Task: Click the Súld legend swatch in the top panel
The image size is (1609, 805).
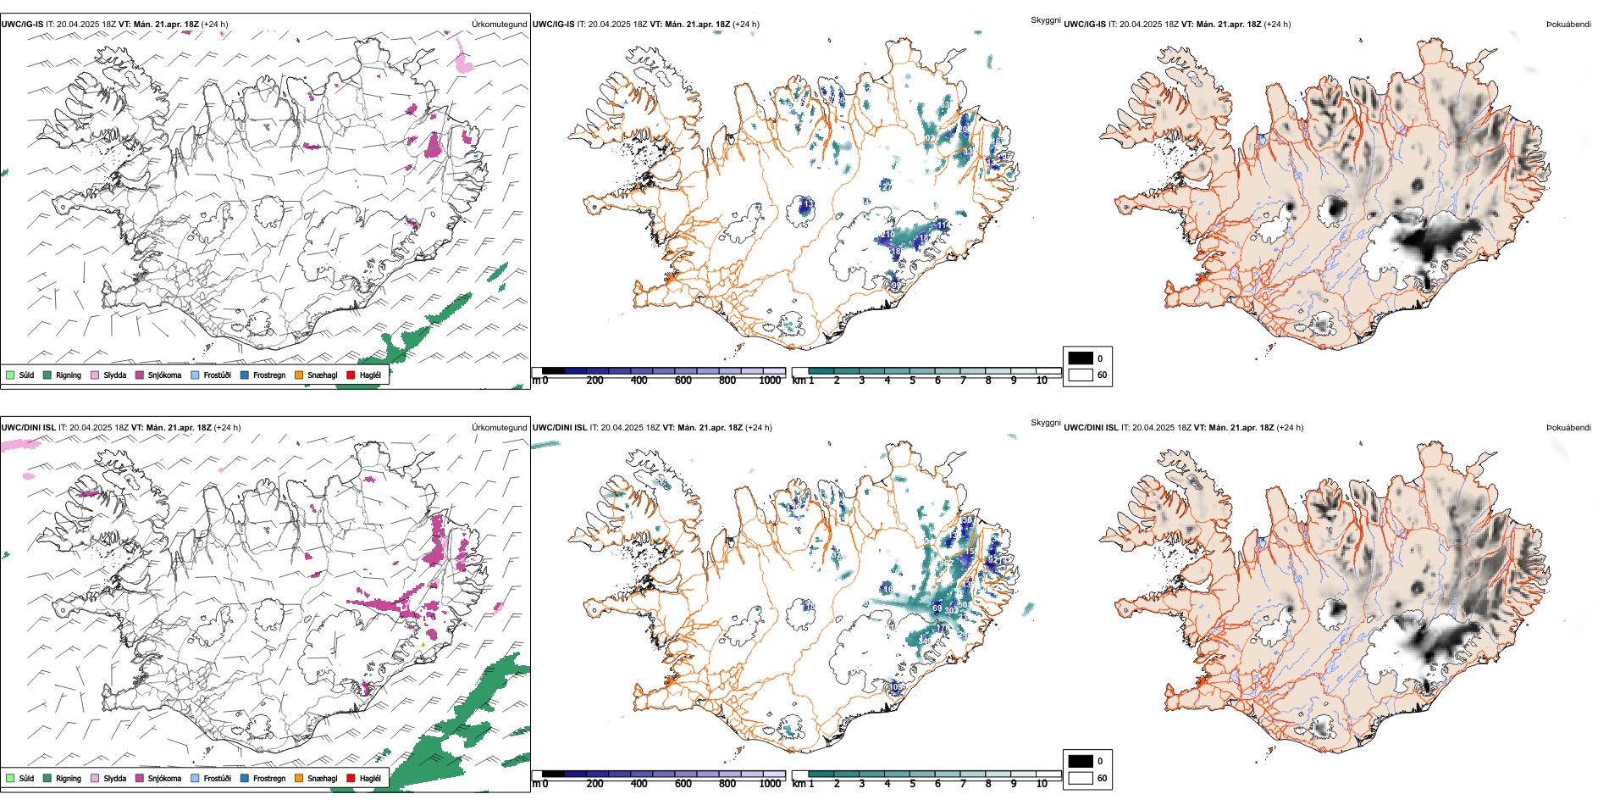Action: [x=10, y=375]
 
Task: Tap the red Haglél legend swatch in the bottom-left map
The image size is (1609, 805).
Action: [x=351, y=778]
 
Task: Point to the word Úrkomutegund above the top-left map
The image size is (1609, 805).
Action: [x=499, y=25]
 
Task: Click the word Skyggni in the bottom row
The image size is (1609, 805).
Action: [x=1045, y=422]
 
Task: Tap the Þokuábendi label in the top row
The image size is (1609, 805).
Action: [x=1568, y=25]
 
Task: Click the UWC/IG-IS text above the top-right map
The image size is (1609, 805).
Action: [x=1085, y=25]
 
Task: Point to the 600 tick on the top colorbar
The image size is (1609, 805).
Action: [x=683, y=380]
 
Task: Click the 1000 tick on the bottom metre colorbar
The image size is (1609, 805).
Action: [x=770, y=784]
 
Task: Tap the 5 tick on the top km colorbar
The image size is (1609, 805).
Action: [x=912, y=380]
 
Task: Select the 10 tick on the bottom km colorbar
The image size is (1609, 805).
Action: [x=1042, y=784]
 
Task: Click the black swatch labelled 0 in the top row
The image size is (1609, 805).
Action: [x=1081, y=358]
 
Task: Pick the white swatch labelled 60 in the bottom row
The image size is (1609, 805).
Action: [x=1081, y=778]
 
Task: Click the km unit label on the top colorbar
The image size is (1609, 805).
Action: [x=799, y=380]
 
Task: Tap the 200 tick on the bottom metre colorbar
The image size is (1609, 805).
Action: [x=594, y=784]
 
